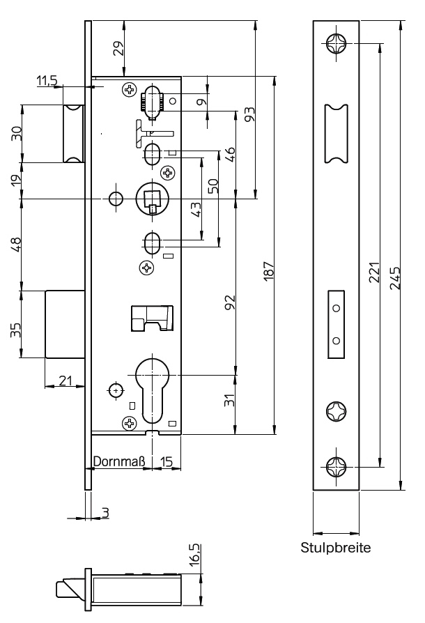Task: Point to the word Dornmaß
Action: point(118,461)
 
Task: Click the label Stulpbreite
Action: point(336,547)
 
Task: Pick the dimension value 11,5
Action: point(47,82)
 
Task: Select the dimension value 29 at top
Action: point(118,48)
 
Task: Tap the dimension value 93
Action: point(249,114)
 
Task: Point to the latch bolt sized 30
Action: point(73,134)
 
